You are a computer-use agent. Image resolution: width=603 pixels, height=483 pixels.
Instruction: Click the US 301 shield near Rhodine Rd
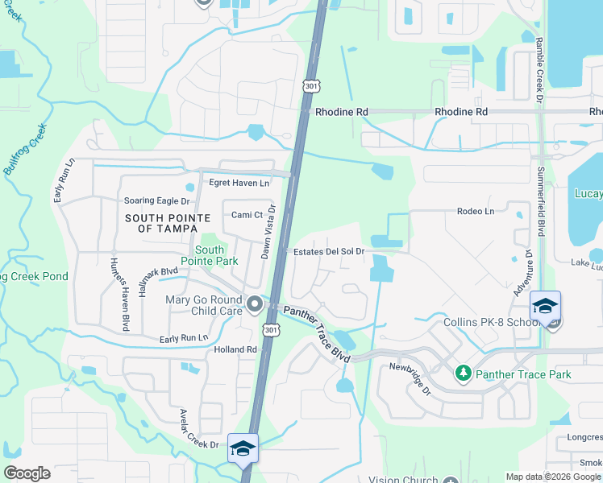point(312,85)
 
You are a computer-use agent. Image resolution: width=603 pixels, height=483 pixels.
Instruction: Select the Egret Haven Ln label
point(239,183)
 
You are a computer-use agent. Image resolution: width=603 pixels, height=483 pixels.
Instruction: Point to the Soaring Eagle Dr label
point(156,200)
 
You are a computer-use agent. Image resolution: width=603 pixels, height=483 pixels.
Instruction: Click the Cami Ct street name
point(247,215)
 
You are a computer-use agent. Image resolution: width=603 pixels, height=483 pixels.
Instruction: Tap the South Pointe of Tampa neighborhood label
point(168,224)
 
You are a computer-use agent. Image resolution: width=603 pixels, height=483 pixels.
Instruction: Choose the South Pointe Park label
point(209,256)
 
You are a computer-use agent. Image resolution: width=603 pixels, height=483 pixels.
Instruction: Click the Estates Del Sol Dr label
point(329,252)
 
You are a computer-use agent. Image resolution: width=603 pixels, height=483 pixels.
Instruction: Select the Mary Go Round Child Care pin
point(256,304)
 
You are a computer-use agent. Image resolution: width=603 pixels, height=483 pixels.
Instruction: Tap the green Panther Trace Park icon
point(463,374)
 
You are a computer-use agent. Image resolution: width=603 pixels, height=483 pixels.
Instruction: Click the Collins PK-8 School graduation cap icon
point(546,307)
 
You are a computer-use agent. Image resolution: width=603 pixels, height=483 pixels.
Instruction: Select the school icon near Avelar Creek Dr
point(243,448)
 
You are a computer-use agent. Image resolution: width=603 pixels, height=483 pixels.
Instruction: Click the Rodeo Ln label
point(475,211)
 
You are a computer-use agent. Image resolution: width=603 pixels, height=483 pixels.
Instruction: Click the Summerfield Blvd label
point(541,190)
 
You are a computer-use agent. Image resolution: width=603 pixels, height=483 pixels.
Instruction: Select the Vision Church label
point(401,479)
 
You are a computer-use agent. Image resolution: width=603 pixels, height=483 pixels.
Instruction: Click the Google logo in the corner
point(27,473)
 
